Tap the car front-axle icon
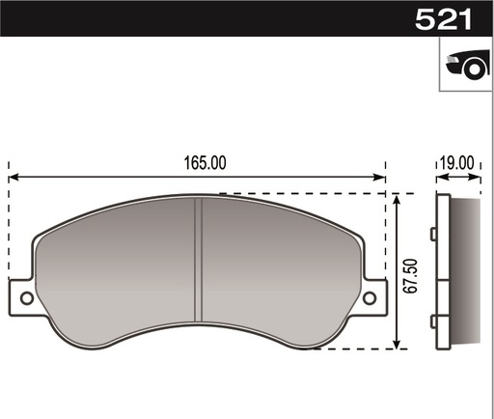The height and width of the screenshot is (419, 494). (465, 65)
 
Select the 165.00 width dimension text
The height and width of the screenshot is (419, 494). (205, 163)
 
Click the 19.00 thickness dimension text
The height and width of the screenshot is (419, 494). (457, 163)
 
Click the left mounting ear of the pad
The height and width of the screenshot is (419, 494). (23, 297)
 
